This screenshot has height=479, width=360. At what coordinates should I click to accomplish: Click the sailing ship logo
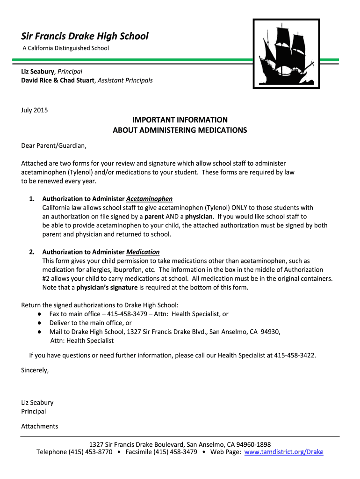286,53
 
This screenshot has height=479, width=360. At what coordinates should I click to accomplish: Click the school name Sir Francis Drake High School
85,36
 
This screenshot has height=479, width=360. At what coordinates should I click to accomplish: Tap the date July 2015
35,110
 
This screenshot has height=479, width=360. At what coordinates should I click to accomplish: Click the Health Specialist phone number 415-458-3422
295,355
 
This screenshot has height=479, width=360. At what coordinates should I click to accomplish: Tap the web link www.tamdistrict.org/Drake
284,452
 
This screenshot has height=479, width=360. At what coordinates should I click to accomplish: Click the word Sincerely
35,370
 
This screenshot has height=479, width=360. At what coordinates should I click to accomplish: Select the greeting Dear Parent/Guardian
54,145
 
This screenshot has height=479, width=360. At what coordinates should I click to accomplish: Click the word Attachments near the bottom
40,426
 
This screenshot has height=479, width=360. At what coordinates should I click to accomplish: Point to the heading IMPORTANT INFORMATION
180,120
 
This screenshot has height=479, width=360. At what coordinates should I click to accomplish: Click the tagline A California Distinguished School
66,48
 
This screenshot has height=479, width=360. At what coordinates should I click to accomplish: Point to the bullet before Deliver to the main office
40,323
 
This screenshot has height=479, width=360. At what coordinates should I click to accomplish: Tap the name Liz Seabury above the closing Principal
37,402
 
